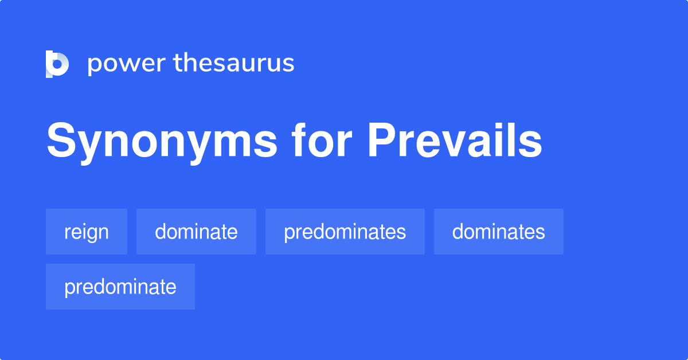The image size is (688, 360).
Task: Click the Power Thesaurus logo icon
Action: (x=57, y=64)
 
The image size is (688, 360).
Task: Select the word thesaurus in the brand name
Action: (x=234, y=62)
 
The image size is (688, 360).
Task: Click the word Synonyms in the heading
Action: (x=162, y=143)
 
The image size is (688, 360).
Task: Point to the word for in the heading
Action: (x=322, y=140)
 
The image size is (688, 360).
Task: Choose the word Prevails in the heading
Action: (x=455, y=140)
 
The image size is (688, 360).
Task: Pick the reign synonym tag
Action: (x=87, y=232)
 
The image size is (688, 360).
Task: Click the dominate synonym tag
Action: (x=196, y=232)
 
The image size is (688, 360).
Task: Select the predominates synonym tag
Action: (x=345, y=232)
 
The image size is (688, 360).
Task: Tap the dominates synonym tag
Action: (x=498, y=232)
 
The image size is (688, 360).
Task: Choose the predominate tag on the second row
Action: (x=120, y=287)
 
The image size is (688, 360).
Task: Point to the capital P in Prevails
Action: (x=382, y=140)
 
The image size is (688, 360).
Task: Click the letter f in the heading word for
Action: (x=299, y=140)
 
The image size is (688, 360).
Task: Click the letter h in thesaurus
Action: (x=191, y=62)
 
